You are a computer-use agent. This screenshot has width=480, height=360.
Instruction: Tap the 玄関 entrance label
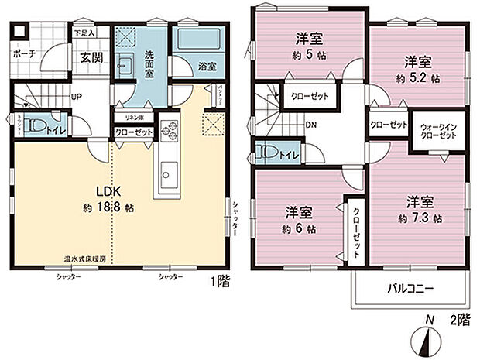pos(87,57)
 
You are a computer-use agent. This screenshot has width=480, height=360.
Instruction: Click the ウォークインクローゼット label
pos(438,131)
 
